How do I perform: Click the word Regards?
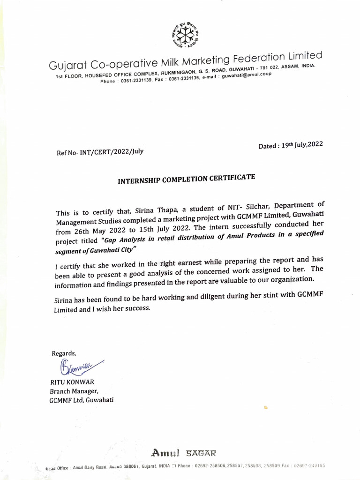coord(63,353)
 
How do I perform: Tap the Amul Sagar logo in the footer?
coord(183,452)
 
